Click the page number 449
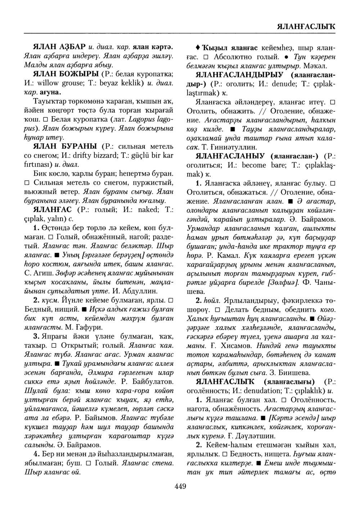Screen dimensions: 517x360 click(180, 487)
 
